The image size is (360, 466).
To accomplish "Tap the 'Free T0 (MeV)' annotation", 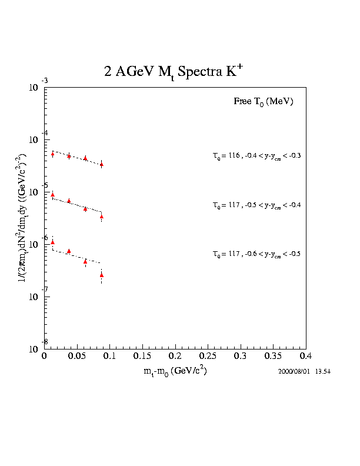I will point(264,102).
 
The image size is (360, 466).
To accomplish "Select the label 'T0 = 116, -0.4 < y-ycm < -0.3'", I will point(257,156).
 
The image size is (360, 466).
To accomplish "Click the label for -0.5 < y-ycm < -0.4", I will point(257,205).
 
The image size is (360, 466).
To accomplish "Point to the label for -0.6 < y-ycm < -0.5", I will point(257,254).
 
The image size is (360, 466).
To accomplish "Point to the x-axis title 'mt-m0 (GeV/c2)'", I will point(175,372).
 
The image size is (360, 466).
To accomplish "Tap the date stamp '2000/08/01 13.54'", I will point(305,372).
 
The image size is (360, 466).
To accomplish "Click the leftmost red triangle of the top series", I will point(52,154).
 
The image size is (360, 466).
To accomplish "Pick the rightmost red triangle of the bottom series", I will point(102,275).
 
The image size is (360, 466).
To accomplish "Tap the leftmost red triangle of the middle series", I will point(52,195).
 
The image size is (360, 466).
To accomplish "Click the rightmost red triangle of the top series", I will point(102,164).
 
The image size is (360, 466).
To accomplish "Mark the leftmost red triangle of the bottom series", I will point(52,242).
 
